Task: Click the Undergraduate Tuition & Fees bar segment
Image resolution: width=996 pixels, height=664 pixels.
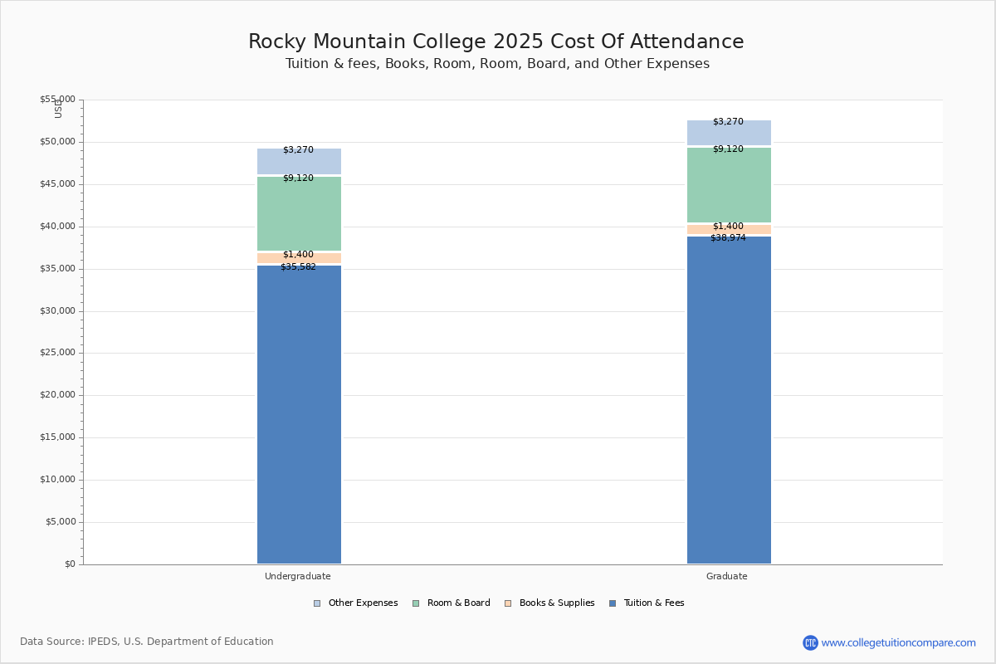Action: pos(299,415)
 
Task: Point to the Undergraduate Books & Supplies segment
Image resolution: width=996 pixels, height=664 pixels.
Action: pos(299,259)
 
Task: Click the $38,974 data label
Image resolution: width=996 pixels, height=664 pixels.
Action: pos(728,238)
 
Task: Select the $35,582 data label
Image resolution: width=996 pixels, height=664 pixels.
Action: pos(298,267)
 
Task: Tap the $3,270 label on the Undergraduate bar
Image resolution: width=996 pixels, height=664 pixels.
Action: pos(298,150)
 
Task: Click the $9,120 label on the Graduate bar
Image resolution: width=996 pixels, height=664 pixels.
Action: pos(728,149)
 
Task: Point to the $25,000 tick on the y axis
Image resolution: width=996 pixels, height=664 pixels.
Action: pos(57,353)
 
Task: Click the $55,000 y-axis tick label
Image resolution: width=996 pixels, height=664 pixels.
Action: pos(57,100)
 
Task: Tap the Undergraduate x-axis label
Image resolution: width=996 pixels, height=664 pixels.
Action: pos(298,576)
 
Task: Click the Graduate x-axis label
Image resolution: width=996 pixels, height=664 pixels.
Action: pos(727,576)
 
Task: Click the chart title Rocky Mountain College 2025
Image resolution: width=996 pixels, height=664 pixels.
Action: pos(496,42)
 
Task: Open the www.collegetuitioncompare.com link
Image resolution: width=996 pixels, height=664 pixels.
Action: pos(898,642)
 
